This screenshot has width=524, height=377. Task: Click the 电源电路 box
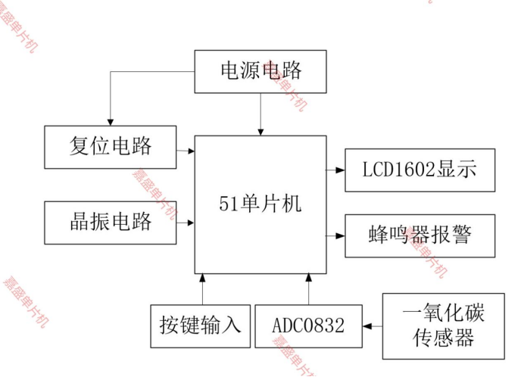[260, 71]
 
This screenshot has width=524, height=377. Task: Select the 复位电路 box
[111, 146]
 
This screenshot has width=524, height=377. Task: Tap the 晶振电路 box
[111, 222]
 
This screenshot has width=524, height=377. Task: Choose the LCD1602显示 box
[420, 170]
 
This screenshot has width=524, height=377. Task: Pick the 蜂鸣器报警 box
[420, 235]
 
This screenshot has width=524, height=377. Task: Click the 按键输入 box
[200, 326]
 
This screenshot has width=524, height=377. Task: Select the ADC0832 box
[308, 326]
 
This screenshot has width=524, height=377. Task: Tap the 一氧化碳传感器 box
[443, 326]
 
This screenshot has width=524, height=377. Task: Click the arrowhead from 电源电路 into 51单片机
[260, 131]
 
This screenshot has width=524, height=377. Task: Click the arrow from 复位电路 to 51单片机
[186, 151]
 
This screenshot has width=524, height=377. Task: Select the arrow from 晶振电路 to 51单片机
[186, 223]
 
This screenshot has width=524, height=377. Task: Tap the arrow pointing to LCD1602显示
[336, 170]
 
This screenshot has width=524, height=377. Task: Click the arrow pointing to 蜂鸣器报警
[336, 235]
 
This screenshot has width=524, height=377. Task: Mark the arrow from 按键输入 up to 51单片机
[202, 288]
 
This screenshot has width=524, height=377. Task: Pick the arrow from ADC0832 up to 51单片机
[309, 288]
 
